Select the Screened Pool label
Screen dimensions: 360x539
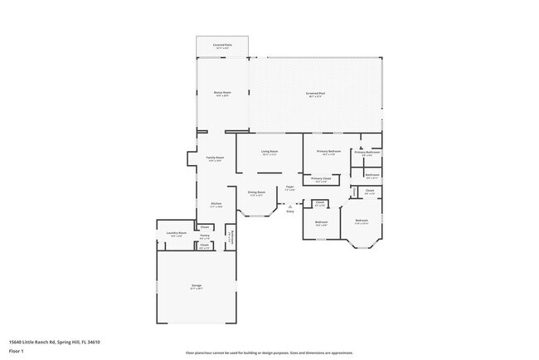coord(314,94)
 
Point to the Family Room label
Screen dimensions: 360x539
coord(216,157)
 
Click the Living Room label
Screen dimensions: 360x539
coord(269,152)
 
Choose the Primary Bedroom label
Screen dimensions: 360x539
coord(329,152)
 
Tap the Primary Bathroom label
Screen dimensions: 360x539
coord(367,153)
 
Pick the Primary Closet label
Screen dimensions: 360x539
coord(321,178)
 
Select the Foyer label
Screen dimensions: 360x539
coord(290,187)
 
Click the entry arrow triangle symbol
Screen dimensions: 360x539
coord(290,206)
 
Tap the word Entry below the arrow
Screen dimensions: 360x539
coord(290,212)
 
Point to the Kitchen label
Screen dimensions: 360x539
coord(216,204)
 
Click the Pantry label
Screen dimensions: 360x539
coord(204,236)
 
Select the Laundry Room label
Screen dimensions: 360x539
coord(176,234)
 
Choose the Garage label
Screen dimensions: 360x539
coord(197,286)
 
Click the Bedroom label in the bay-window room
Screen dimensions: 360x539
coord(362,221)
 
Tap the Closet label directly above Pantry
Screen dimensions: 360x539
coord(204,226)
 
